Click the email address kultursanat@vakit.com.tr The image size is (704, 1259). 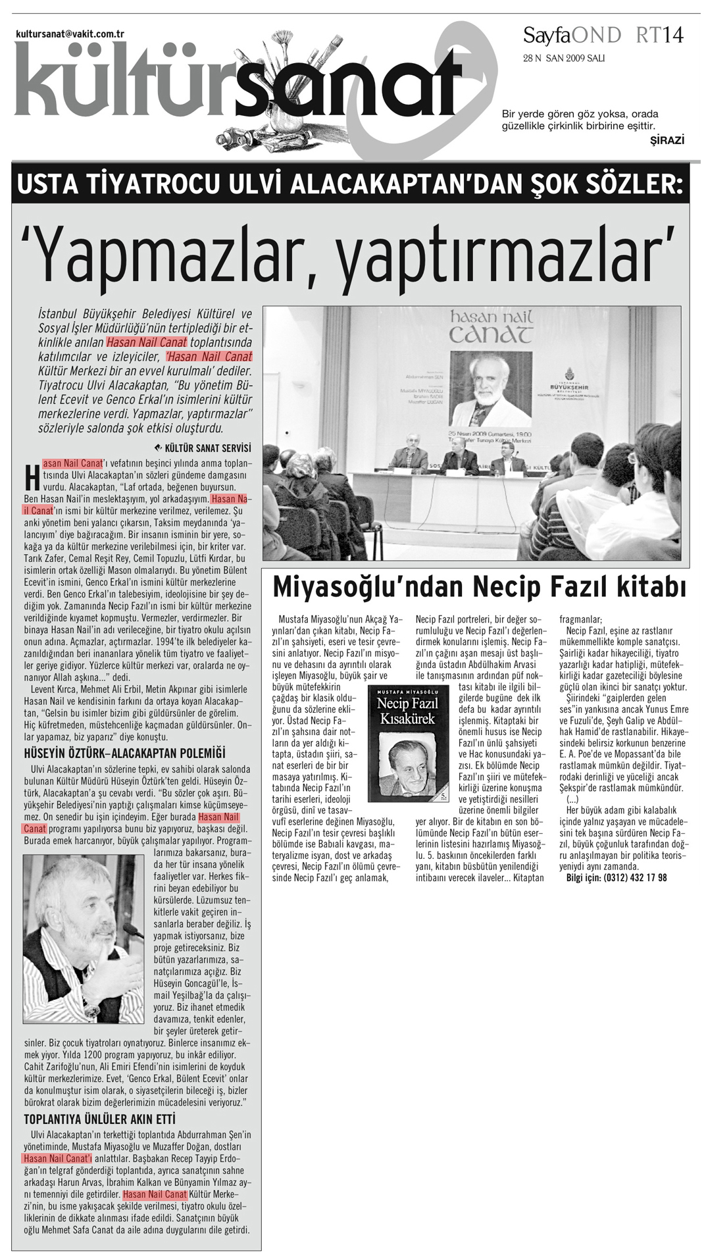tap(70, 34)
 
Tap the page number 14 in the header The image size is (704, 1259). tap(672, 35)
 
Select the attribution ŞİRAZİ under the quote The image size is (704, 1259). tap(666, 140)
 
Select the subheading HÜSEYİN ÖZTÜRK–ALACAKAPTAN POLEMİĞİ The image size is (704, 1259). tap(124, 753)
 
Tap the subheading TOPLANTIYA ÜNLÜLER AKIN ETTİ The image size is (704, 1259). tap(99, 1119)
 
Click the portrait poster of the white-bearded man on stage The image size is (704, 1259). tap(491, 388)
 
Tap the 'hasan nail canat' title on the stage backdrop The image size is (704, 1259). tap(491, 326)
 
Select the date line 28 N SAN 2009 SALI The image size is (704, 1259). tap(564, 58)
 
